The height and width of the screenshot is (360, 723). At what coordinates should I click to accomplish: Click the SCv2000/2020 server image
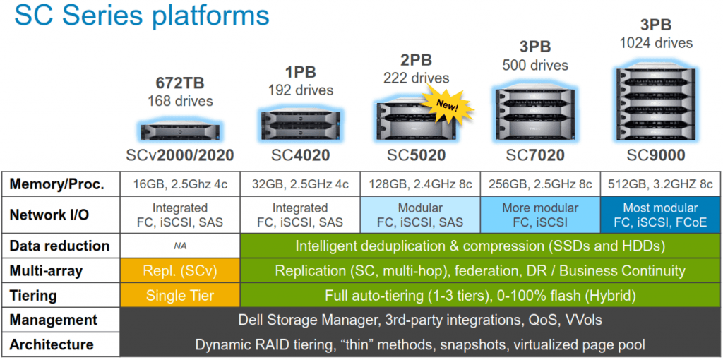click(x=180, y=131)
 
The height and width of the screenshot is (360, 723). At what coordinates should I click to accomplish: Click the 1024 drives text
click(x=656, y=44)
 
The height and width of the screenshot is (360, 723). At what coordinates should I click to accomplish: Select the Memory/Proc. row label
click(x=57, y=184)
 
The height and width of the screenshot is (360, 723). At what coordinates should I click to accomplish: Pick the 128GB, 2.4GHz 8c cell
click(x=420, y=184)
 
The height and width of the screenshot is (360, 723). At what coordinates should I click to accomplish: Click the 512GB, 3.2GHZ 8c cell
click(x=660, y=184)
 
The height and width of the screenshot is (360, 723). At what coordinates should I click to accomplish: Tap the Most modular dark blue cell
click(x=660, y=215)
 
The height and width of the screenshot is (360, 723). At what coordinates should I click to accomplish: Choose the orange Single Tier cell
click(x=180, y=296)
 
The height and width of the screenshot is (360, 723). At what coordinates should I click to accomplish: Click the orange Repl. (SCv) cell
click(x=180, y=271)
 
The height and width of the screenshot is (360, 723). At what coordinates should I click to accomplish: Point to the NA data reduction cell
click(x=180, y=246)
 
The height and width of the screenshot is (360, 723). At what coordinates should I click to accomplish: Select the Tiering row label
click(x=36, y=296)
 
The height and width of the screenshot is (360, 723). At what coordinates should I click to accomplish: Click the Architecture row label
click(x=52, y=344)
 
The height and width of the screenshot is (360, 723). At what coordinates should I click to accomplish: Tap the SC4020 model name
click(x=300, y=155)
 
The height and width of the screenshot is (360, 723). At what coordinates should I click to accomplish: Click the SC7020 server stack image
click(x=539, y=112)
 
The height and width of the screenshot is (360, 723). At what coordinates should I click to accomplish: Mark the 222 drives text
click(x=417, y=78)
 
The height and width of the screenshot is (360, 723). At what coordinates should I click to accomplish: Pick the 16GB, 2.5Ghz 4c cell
click(x=180, y=184)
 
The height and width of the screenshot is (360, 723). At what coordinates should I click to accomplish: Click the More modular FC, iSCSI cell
click(x=540, y=215)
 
